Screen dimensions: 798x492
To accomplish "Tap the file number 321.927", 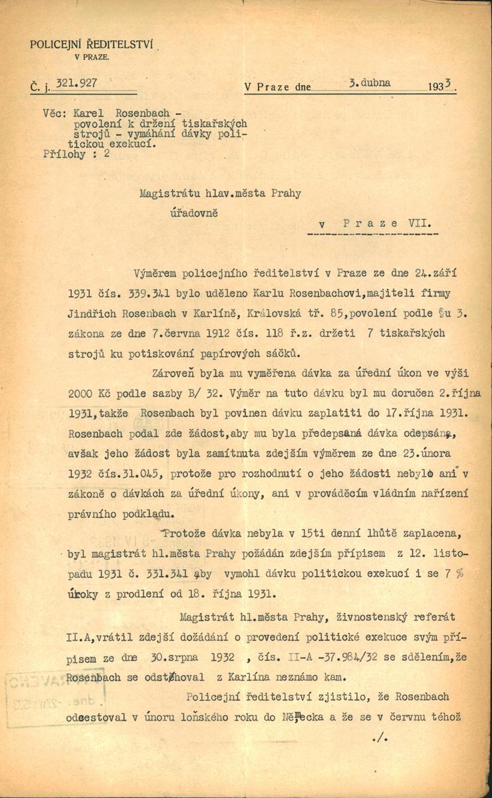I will (78, 83).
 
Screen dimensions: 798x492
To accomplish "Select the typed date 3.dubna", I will (369, 83).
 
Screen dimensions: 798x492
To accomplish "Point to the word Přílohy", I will (64, 153).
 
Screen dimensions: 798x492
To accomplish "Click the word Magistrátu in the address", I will (168, 194).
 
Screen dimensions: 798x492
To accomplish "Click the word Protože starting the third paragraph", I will (184, 533).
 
